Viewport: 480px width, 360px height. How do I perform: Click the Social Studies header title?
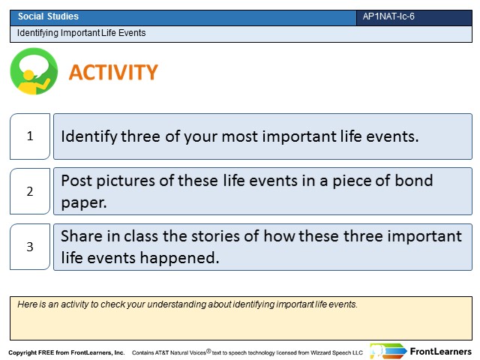(x=48, y=16)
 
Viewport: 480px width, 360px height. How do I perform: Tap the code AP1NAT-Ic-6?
(x=388, y=16)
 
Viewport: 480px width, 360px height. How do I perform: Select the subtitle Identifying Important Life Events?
(x=81, y=33)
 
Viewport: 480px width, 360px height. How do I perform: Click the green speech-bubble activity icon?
(x=34, y=71)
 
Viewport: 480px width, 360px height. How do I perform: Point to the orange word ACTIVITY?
(x=113, y=72)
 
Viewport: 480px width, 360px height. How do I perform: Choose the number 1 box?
(x=30, y=136)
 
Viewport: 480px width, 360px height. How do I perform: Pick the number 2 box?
(x=30, y=191)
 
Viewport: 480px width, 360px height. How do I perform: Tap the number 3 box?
(x=30, y=247)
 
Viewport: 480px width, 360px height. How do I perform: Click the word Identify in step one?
(x=89, y=136)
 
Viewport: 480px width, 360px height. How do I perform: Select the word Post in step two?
(x=76, y=181)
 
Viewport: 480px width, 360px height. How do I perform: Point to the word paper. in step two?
(x=84, y=203)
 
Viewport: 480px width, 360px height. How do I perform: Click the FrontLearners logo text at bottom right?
(x=440, y=352)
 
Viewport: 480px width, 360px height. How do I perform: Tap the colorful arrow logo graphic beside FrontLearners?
(x=388, y=351)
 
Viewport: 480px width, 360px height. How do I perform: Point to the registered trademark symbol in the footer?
(x=208, y=351)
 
